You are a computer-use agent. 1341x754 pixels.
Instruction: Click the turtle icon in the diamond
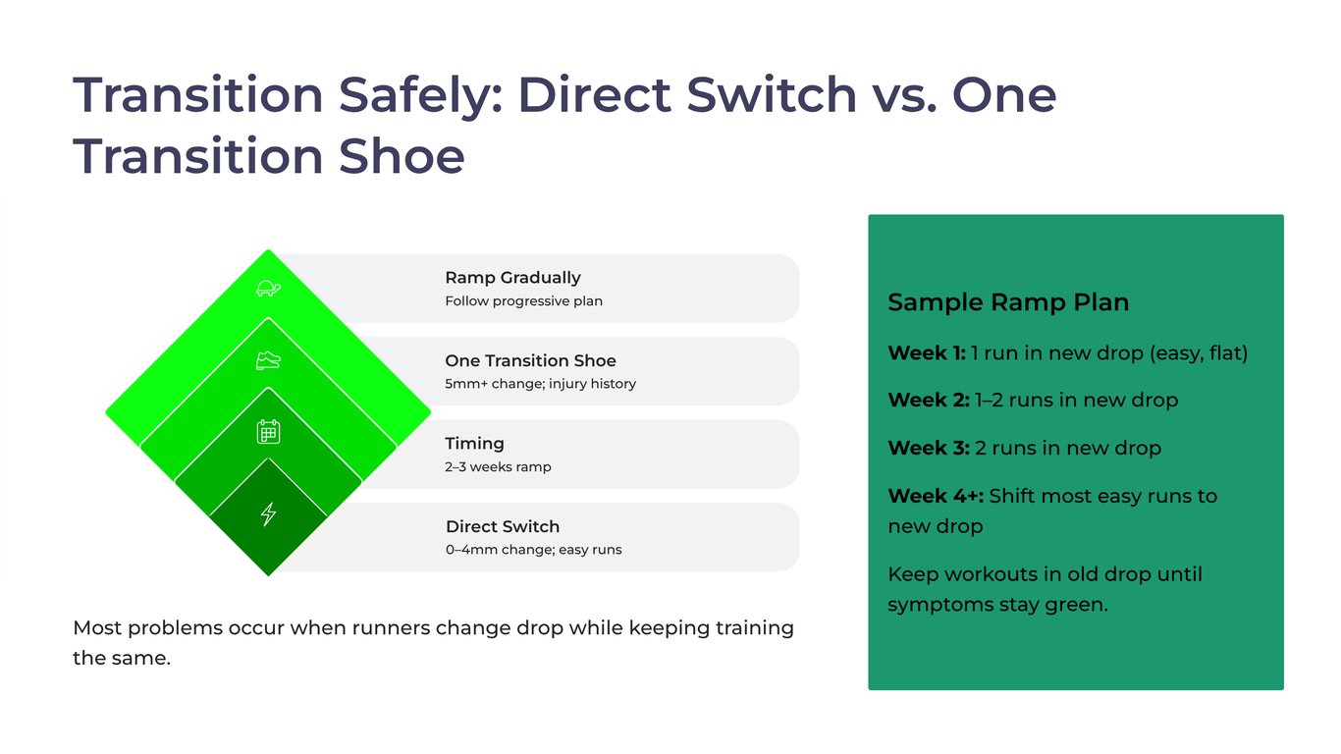pyautogui.click(x=268, y=289)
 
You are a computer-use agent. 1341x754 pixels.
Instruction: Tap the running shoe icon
pyautogui.click(x=268, y=360)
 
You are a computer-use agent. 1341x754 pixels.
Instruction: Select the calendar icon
pyautogui.click(x=268, y=431)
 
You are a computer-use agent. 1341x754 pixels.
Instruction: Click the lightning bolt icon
pyautogui.click(x=268, y=513)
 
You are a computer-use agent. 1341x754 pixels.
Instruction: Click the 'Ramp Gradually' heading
pyautogui.click(x=512, y=278)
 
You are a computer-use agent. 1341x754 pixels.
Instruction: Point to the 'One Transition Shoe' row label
pyautogui.click(x=530, y=360)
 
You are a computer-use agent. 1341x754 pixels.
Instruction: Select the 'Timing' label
pyautogui.click(x=474, y=444)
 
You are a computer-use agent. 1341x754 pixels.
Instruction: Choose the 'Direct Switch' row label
pyautogui.click(x=502, y=526)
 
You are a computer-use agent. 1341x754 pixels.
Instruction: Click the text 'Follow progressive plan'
pyautogui.click(x=523, y=301)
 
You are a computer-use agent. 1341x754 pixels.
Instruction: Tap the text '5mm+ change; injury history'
pyautogui.click(x=540, y=384)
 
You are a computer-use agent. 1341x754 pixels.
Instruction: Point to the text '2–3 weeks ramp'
pyautogui.click(x=498, y=467)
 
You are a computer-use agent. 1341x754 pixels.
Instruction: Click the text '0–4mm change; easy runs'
pyautogui.click(x=533, y=550)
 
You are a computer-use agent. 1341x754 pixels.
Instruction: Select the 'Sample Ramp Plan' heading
pyautogui.click(x=1007, y=302)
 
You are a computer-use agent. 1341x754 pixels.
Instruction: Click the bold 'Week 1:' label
pyautogui.click(x=926, y=353)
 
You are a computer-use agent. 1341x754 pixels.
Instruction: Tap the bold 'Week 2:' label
pyautogui.click(x=928, y=401)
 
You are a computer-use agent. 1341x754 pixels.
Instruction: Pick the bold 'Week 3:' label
pyautogui.click(x=928, y=449)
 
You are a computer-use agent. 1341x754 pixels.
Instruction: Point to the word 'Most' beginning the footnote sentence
pyautogui.click(x=97, y=628)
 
